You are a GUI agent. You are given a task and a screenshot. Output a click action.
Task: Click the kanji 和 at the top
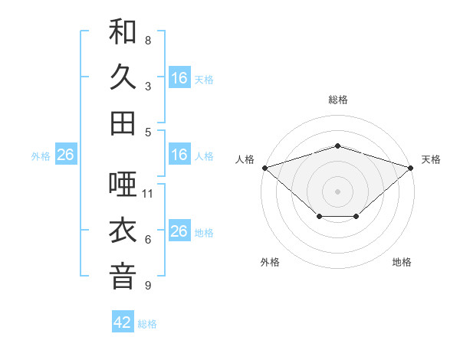123,32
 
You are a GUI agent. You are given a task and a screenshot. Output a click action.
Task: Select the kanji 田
123,123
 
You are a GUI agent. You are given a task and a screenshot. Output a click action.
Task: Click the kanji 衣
123,231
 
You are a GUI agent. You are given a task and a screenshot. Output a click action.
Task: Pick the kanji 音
123,277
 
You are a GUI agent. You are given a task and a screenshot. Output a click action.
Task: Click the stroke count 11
148,194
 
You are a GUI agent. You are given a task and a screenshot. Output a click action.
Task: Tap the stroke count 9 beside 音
148,286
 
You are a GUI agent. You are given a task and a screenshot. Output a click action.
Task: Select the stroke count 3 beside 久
148,87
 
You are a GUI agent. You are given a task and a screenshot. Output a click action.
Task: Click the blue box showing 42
123,322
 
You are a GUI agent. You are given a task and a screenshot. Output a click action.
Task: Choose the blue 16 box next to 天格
179,78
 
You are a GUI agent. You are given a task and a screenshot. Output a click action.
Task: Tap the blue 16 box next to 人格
179,155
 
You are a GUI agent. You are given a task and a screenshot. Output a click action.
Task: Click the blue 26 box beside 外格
65,155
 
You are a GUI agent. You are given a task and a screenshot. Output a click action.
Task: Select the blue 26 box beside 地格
179,231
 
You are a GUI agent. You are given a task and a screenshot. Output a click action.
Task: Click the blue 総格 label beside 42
147,324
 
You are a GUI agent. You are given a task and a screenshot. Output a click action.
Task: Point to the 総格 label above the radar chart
337,100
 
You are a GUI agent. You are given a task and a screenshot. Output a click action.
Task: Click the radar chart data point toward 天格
411,167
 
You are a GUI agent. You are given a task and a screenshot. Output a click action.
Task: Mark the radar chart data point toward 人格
264,167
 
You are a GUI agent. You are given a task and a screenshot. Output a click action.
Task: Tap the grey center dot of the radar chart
337,191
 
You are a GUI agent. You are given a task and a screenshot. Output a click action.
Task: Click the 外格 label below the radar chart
270,262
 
